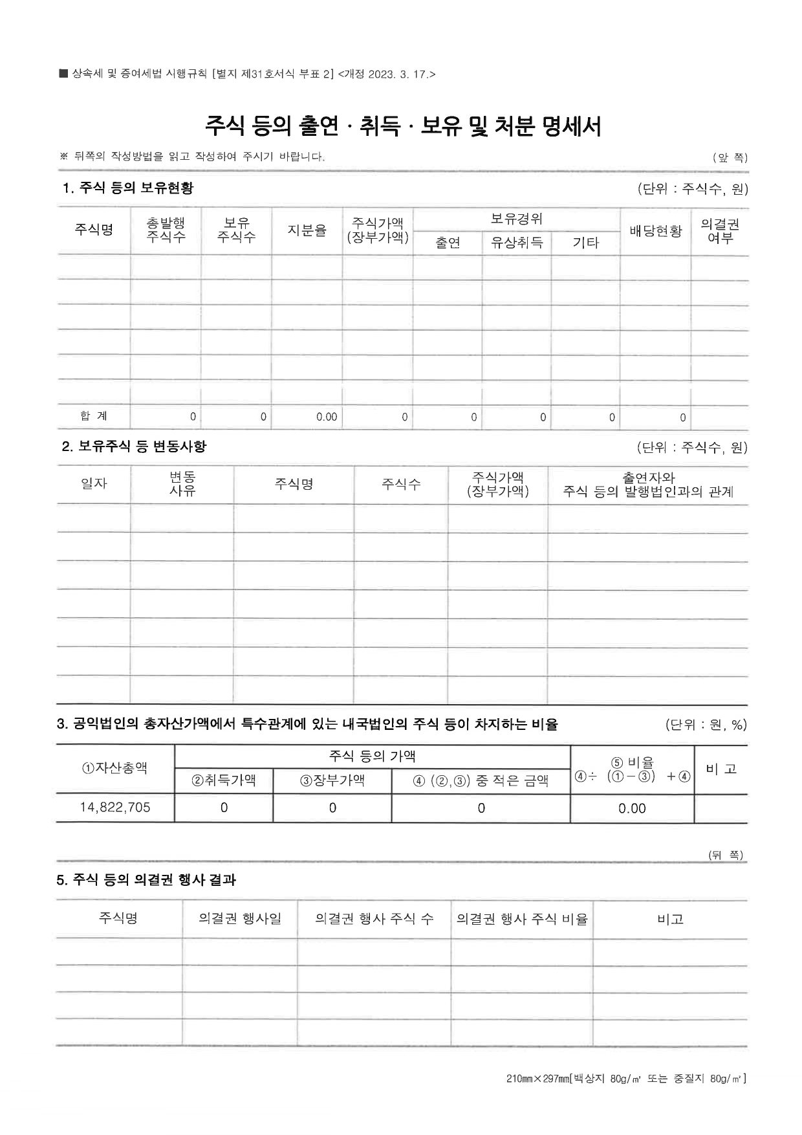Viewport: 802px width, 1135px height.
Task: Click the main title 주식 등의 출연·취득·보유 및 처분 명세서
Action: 403,126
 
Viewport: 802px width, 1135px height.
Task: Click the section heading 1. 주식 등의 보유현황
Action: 127,188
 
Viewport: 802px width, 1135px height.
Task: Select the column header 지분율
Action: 307,231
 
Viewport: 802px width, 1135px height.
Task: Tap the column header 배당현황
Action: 655,231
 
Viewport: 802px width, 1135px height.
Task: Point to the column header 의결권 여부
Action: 719,231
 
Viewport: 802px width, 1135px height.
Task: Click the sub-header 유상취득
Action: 516,243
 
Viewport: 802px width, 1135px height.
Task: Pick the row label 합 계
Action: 94,416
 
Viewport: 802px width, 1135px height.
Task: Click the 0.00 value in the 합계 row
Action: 327,417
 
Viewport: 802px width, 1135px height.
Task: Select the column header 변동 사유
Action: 182,484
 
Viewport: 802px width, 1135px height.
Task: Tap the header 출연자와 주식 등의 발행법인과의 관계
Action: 648,485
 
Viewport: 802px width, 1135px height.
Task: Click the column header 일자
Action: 94,483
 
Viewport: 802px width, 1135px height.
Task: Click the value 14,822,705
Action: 115,808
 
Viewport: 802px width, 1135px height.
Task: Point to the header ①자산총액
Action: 114,768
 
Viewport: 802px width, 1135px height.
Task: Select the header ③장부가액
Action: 332,780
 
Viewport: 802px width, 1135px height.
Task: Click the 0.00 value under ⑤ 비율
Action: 632,808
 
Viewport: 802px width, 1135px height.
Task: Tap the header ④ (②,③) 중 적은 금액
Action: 481,781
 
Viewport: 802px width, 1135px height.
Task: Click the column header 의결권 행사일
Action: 240,919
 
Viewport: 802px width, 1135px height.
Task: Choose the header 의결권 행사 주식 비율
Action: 522,919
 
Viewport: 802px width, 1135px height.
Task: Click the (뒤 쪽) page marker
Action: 726,855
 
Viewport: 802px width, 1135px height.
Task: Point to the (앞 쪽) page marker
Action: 730,157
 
